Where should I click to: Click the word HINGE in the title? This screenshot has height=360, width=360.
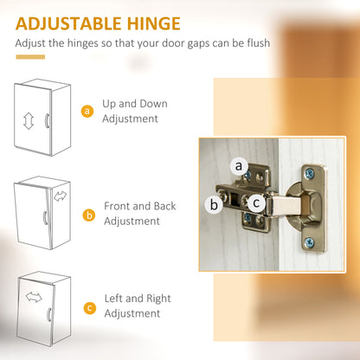click(154, 23)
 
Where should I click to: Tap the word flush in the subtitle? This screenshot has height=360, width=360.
click(259, 43)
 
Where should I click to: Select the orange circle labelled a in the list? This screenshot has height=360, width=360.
click(87, 111)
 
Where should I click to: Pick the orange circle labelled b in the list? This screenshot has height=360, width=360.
click(89, 215)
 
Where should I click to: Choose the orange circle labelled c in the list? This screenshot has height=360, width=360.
click(90, 308)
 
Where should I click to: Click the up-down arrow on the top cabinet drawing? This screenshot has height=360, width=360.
click(29, 121)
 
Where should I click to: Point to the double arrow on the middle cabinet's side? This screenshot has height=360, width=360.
click(60, 196)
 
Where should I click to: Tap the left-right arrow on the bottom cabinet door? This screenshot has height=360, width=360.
click(34, 297)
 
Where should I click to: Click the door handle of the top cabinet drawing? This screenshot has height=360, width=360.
click(47, 120)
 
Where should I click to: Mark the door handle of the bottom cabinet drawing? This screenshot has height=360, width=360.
click(49, 315)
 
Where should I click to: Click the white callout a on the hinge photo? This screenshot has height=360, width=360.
click(239, 166)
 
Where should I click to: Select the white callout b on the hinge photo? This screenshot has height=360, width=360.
click(214, 204)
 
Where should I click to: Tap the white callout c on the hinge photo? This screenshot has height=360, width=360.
click(256, 202)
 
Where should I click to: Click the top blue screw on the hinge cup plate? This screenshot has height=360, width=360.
click(310, 173)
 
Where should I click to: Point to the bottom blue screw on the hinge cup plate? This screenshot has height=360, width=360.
click(310, 242)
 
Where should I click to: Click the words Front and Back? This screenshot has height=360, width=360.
click(140, 206)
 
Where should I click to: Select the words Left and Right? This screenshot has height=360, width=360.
click(138, 299)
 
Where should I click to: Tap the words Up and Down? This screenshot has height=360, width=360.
click(135, 104)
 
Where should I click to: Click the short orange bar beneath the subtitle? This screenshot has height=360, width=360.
click(30, 57)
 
